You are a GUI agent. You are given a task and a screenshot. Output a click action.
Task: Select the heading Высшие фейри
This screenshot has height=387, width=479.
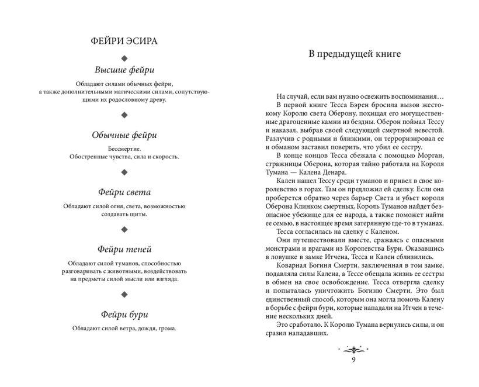tap(124, 71)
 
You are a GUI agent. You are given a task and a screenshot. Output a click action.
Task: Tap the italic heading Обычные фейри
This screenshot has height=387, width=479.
tap(124, 135)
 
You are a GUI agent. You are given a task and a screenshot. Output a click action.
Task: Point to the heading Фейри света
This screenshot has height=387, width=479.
tap(124, 192)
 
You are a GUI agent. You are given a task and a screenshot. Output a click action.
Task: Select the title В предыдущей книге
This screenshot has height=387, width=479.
tap(354, 54)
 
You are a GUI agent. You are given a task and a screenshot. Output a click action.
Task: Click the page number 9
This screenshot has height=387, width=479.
tap(353, 360)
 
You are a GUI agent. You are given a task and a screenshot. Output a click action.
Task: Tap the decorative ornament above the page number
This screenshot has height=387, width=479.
tap(353, 349)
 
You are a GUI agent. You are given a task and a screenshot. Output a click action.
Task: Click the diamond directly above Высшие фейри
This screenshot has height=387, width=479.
tap(124, 58)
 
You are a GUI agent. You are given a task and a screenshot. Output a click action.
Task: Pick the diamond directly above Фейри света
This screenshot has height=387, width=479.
tap(124, 172)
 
